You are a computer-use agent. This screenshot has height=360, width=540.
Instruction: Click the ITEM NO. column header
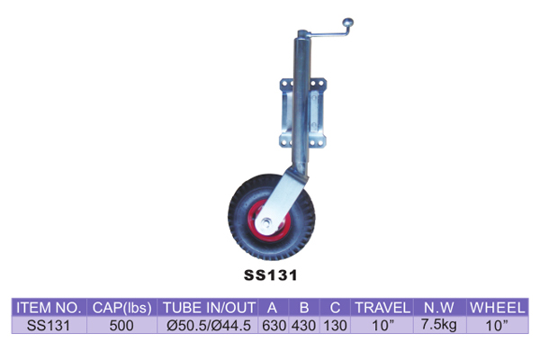pos(49,308)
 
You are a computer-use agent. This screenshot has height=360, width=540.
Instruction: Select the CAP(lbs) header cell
pos(121,308)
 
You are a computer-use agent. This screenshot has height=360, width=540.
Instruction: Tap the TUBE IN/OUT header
pos(209,308)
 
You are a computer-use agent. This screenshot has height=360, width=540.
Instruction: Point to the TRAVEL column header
pos(382,308)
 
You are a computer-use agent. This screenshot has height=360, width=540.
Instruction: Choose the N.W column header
pos(439,308)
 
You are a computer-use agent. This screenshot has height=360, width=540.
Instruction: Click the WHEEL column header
pos(498,308)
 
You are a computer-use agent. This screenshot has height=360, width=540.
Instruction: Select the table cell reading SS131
pos(49,325)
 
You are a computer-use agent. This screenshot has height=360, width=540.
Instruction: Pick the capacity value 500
pos(121,325)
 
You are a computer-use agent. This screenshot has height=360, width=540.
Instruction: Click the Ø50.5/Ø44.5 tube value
pos(209,325)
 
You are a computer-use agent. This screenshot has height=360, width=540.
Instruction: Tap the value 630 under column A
pos(274,325)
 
